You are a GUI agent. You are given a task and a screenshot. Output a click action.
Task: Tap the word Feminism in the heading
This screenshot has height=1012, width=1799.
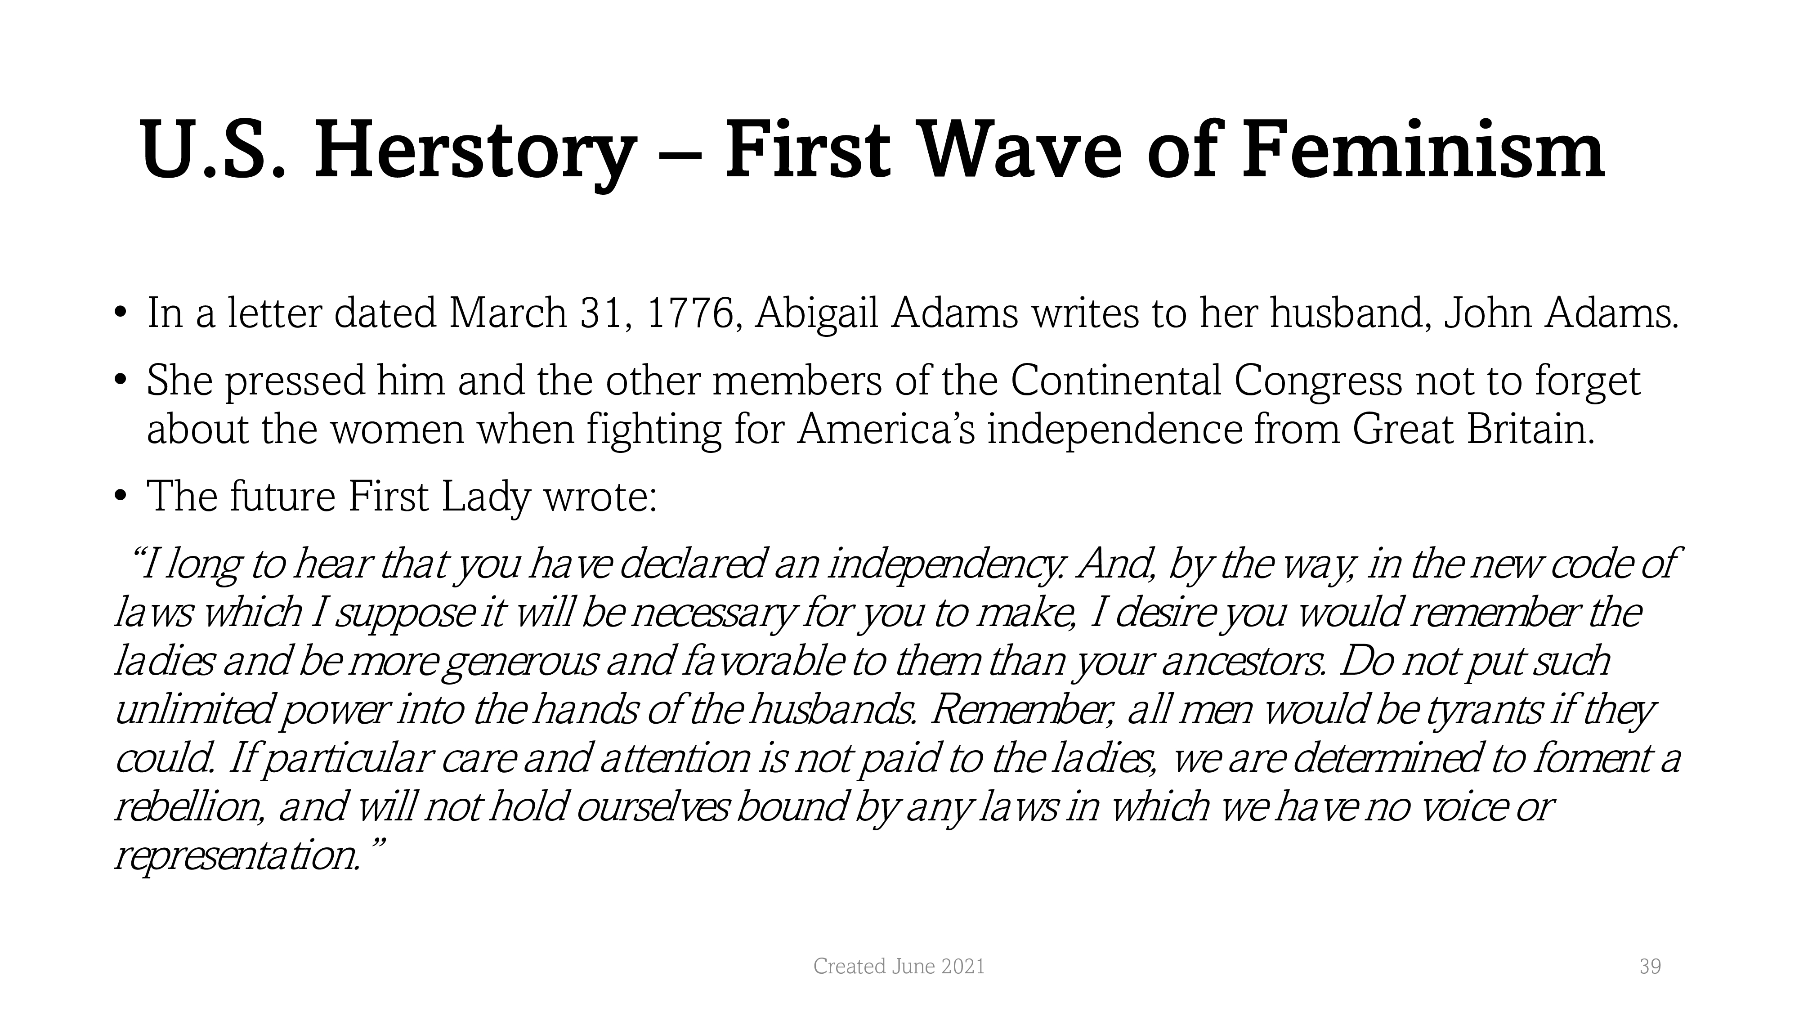tap(1423, 147)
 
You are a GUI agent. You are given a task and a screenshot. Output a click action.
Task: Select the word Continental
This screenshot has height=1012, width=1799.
tap(1116, 381)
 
